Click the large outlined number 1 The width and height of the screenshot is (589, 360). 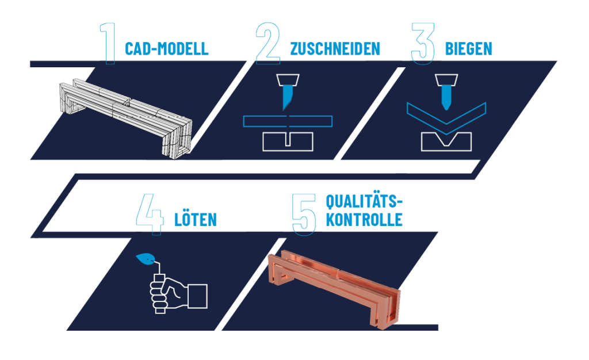point(109,44)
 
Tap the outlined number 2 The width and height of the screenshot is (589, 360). point(268,43)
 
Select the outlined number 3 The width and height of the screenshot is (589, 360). point(423,43)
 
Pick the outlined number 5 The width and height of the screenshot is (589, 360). point(304,215)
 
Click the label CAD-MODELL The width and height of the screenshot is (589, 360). point(166,49)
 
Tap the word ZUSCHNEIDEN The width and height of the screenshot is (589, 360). point(335,49)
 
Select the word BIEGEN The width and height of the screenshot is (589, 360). point(468,49)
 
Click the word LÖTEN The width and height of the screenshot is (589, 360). point(196,219)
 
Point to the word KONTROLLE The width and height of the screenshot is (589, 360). point(364,220)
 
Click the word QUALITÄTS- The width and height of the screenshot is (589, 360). point(364,202)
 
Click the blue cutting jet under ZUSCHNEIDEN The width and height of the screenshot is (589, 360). point(288,97)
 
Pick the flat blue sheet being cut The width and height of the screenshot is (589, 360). point(288,121)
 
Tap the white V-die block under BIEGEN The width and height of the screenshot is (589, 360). point(446,142)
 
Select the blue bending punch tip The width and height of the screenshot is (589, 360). point(446,97)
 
